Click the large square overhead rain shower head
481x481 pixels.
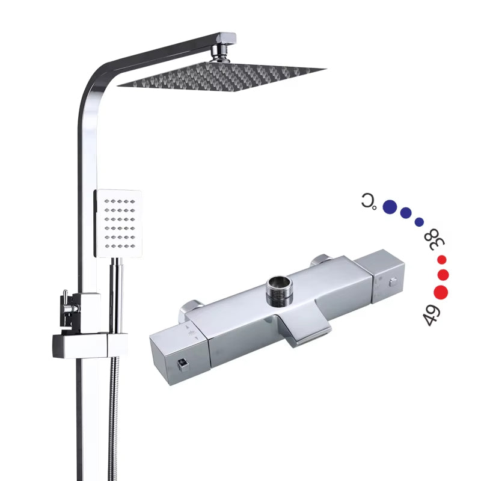pos(221,77)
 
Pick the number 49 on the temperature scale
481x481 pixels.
pos(431,315)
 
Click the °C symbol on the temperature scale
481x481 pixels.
pos(369,201)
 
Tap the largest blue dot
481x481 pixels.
pos(390,206)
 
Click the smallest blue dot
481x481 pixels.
pos(419,222)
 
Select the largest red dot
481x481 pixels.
pos(441,292)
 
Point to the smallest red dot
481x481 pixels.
pos(442,260)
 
